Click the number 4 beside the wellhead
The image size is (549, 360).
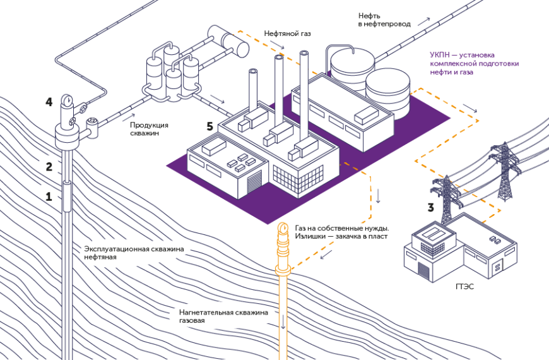[49, 101]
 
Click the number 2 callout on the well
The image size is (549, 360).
[49, 167]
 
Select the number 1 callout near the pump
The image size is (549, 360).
[49, 196]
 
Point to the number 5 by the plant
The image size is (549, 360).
[211, 126]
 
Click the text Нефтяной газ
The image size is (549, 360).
[287, 33]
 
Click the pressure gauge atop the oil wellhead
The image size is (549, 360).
[66, 100]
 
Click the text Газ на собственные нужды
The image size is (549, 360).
[341, 227]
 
